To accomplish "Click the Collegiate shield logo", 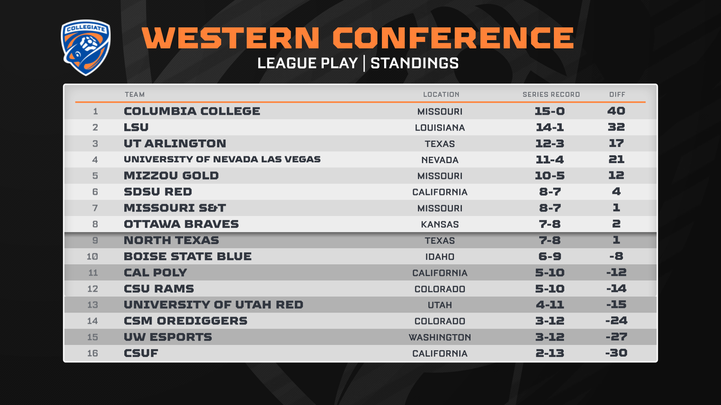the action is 86,48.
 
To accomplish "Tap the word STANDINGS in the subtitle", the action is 415,63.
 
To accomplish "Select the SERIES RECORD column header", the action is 551,94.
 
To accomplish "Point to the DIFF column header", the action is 617,94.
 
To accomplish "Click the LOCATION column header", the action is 441,94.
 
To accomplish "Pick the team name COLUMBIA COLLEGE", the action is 192,111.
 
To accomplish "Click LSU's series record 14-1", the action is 550,127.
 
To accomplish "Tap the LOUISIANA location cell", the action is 440,127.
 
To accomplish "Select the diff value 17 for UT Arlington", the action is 616,143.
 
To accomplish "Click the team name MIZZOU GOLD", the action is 171,175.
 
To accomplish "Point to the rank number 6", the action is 95,192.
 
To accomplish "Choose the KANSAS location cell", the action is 440,224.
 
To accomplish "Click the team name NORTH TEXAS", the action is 171,240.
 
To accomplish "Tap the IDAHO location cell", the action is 440,256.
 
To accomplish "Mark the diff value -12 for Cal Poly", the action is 616,272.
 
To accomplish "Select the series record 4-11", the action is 550,304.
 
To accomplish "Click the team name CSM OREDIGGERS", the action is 186,321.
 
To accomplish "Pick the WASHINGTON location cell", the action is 440,337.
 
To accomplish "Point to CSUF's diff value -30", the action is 616,353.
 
